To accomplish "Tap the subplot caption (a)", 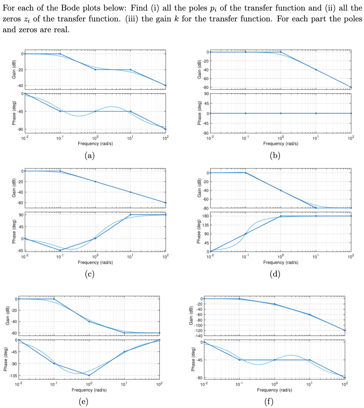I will (90, 156).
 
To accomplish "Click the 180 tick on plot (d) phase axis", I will (203, 216).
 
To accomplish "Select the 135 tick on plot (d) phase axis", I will (203, 225).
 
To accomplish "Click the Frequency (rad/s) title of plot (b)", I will (281, 144).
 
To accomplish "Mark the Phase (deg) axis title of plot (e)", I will (7, 358).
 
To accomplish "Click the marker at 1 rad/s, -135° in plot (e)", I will (89, 376).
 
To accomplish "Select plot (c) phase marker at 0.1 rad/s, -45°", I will (60, 250).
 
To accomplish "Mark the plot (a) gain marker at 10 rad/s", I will (130, 70).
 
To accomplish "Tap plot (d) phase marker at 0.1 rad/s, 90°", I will (246, 234).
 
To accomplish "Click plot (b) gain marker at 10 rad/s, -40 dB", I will (316, 70).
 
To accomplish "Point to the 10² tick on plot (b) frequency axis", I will (350, 139).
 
